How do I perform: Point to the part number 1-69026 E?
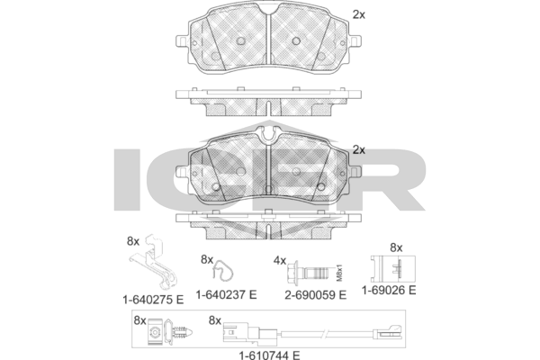click(x=388, y=291)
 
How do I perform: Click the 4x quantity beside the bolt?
click(x=279, y=260)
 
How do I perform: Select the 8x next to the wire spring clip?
click(x=207, y=260)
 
